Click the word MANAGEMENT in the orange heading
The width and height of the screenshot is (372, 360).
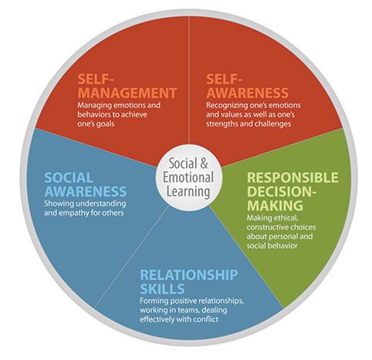127,93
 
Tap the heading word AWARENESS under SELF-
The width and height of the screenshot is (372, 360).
247,93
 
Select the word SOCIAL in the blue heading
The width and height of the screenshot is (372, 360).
69,178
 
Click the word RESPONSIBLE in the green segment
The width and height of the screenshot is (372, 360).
293,177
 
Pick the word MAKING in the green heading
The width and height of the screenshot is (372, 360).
275,205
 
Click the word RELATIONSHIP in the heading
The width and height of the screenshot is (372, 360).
189,275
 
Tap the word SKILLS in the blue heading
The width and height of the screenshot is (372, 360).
162,289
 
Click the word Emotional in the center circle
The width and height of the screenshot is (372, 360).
188,177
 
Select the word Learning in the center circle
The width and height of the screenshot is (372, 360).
188,192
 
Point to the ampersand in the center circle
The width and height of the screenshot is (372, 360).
204,163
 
